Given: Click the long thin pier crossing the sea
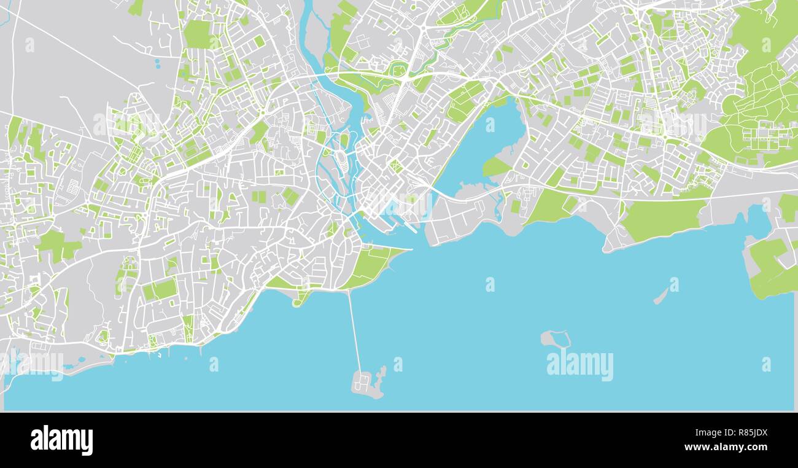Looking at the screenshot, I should (x=354, y=332).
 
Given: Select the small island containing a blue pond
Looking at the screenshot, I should (x=556, y=338).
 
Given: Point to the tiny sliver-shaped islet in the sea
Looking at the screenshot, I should (x=660, y=297).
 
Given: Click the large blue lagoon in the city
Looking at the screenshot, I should (x=485, y=147).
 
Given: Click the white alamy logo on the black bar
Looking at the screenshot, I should (x=61, y=440).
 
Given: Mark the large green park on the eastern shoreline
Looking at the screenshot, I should (x=663, y=218).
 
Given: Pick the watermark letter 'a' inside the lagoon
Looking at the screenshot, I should (x=490, y=125).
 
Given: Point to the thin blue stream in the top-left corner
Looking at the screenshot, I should (x=6, y=12).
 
